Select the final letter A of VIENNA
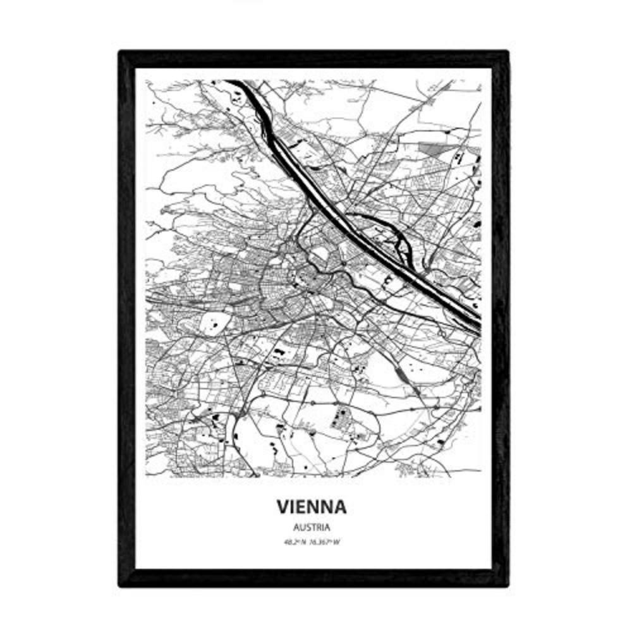tap(340, 507)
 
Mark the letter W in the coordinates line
tap(338, 541)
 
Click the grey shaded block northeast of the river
tap(432, 150)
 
